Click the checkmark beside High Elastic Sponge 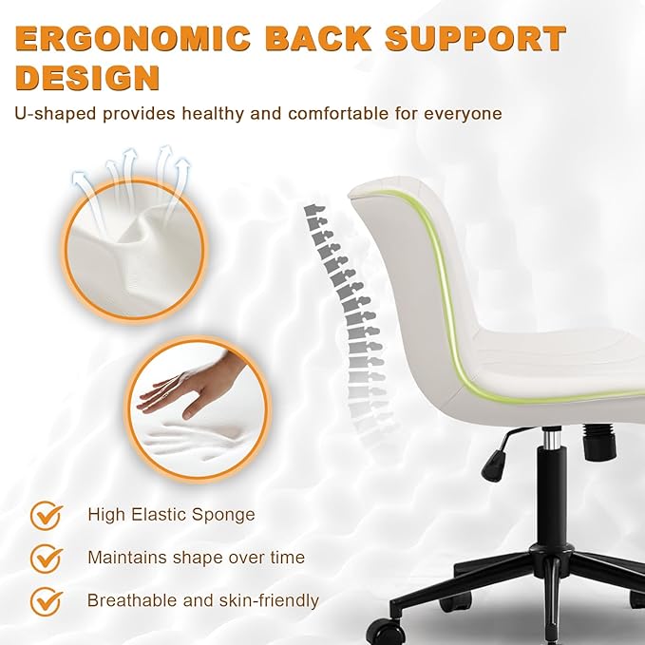click(46, 516)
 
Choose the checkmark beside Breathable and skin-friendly click(46, 600)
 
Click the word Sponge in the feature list click(225, 516)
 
